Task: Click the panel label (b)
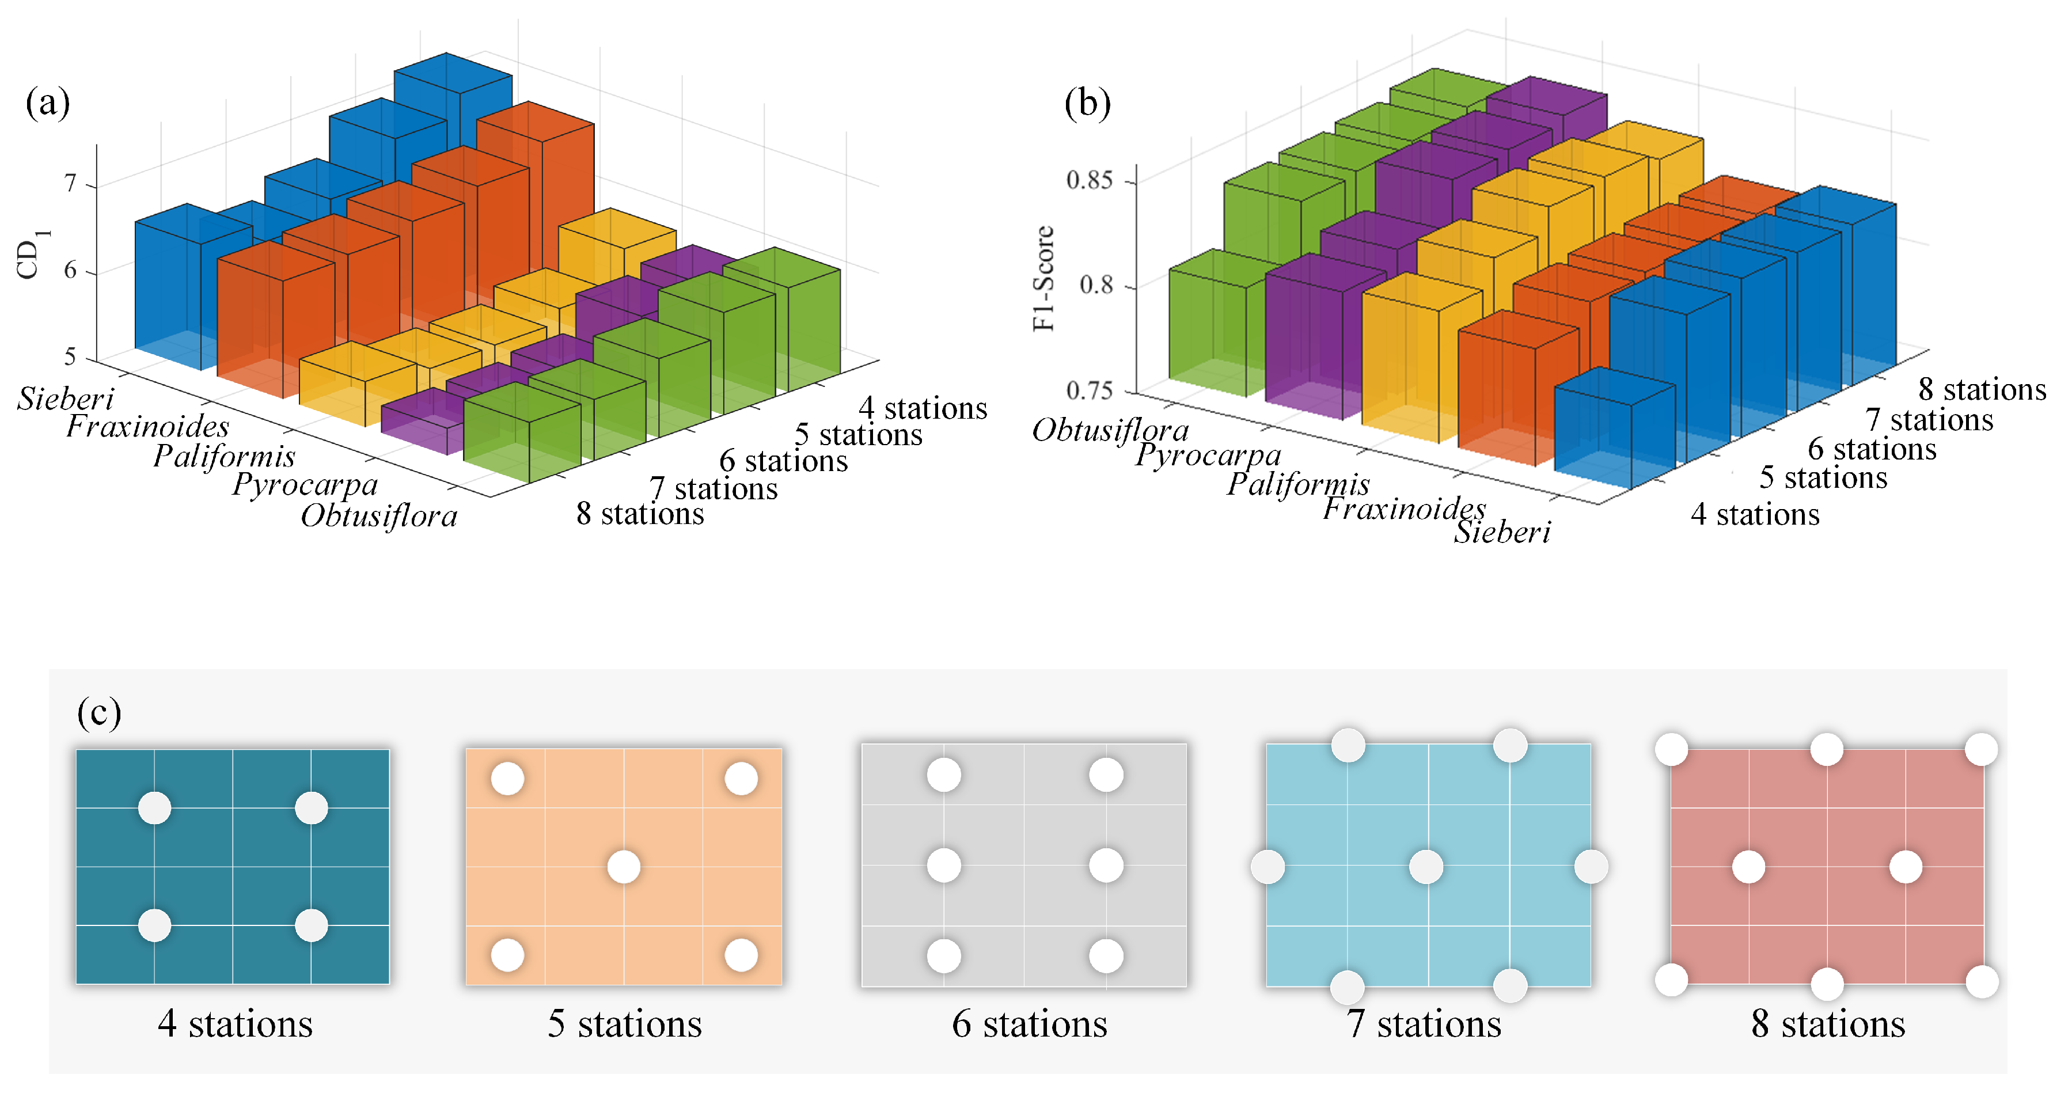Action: [x=1087, y=104]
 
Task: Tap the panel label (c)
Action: [x=99, y=712]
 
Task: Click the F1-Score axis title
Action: [x=1043, y=278]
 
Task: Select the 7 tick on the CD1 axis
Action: [x=71, y=184]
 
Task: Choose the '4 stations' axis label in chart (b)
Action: [x=1755, y=514]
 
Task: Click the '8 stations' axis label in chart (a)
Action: [x=639, y=513]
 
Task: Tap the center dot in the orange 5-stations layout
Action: [x=623, y=867]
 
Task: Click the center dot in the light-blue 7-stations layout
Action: [x=1426, y=867]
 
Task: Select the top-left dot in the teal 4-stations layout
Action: [x=154, y=807]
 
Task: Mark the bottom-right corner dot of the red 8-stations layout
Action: [x=1981, y=982]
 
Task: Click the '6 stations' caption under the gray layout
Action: [x=1030, y=1024]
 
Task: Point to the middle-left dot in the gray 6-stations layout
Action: [x=943, y=866]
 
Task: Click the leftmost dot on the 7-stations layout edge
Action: [x=1268, y=867]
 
